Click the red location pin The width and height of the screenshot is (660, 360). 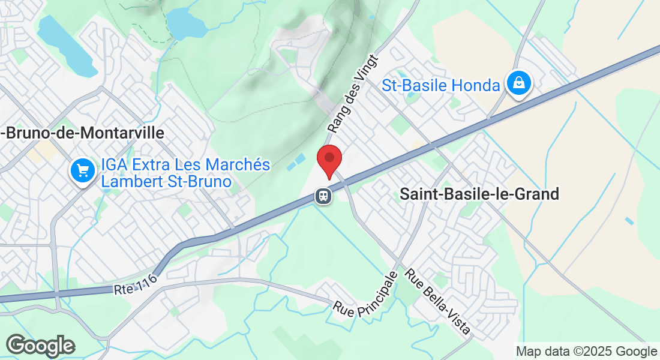tap(329, 160)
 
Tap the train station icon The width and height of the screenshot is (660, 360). tap(323, 196)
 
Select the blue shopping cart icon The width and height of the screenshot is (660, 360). tap(82, 172)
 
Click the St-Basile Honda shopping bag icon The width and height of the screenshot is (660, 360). tap(518, 83)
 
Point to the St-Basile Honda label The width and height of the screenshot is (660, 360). tap(441, 86)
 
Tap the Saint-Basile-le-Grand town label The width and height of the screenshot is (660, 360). tap(479, 194)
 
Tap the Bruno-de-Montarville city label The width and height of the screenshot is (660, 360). tap(82, 133)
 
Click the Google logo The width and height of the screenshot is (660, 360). tap(40, 346)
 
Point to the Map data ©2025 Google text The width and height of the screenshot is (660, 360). tap(587, 352)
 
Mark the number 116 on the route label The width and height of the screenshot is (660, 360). tap(146, 281)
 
